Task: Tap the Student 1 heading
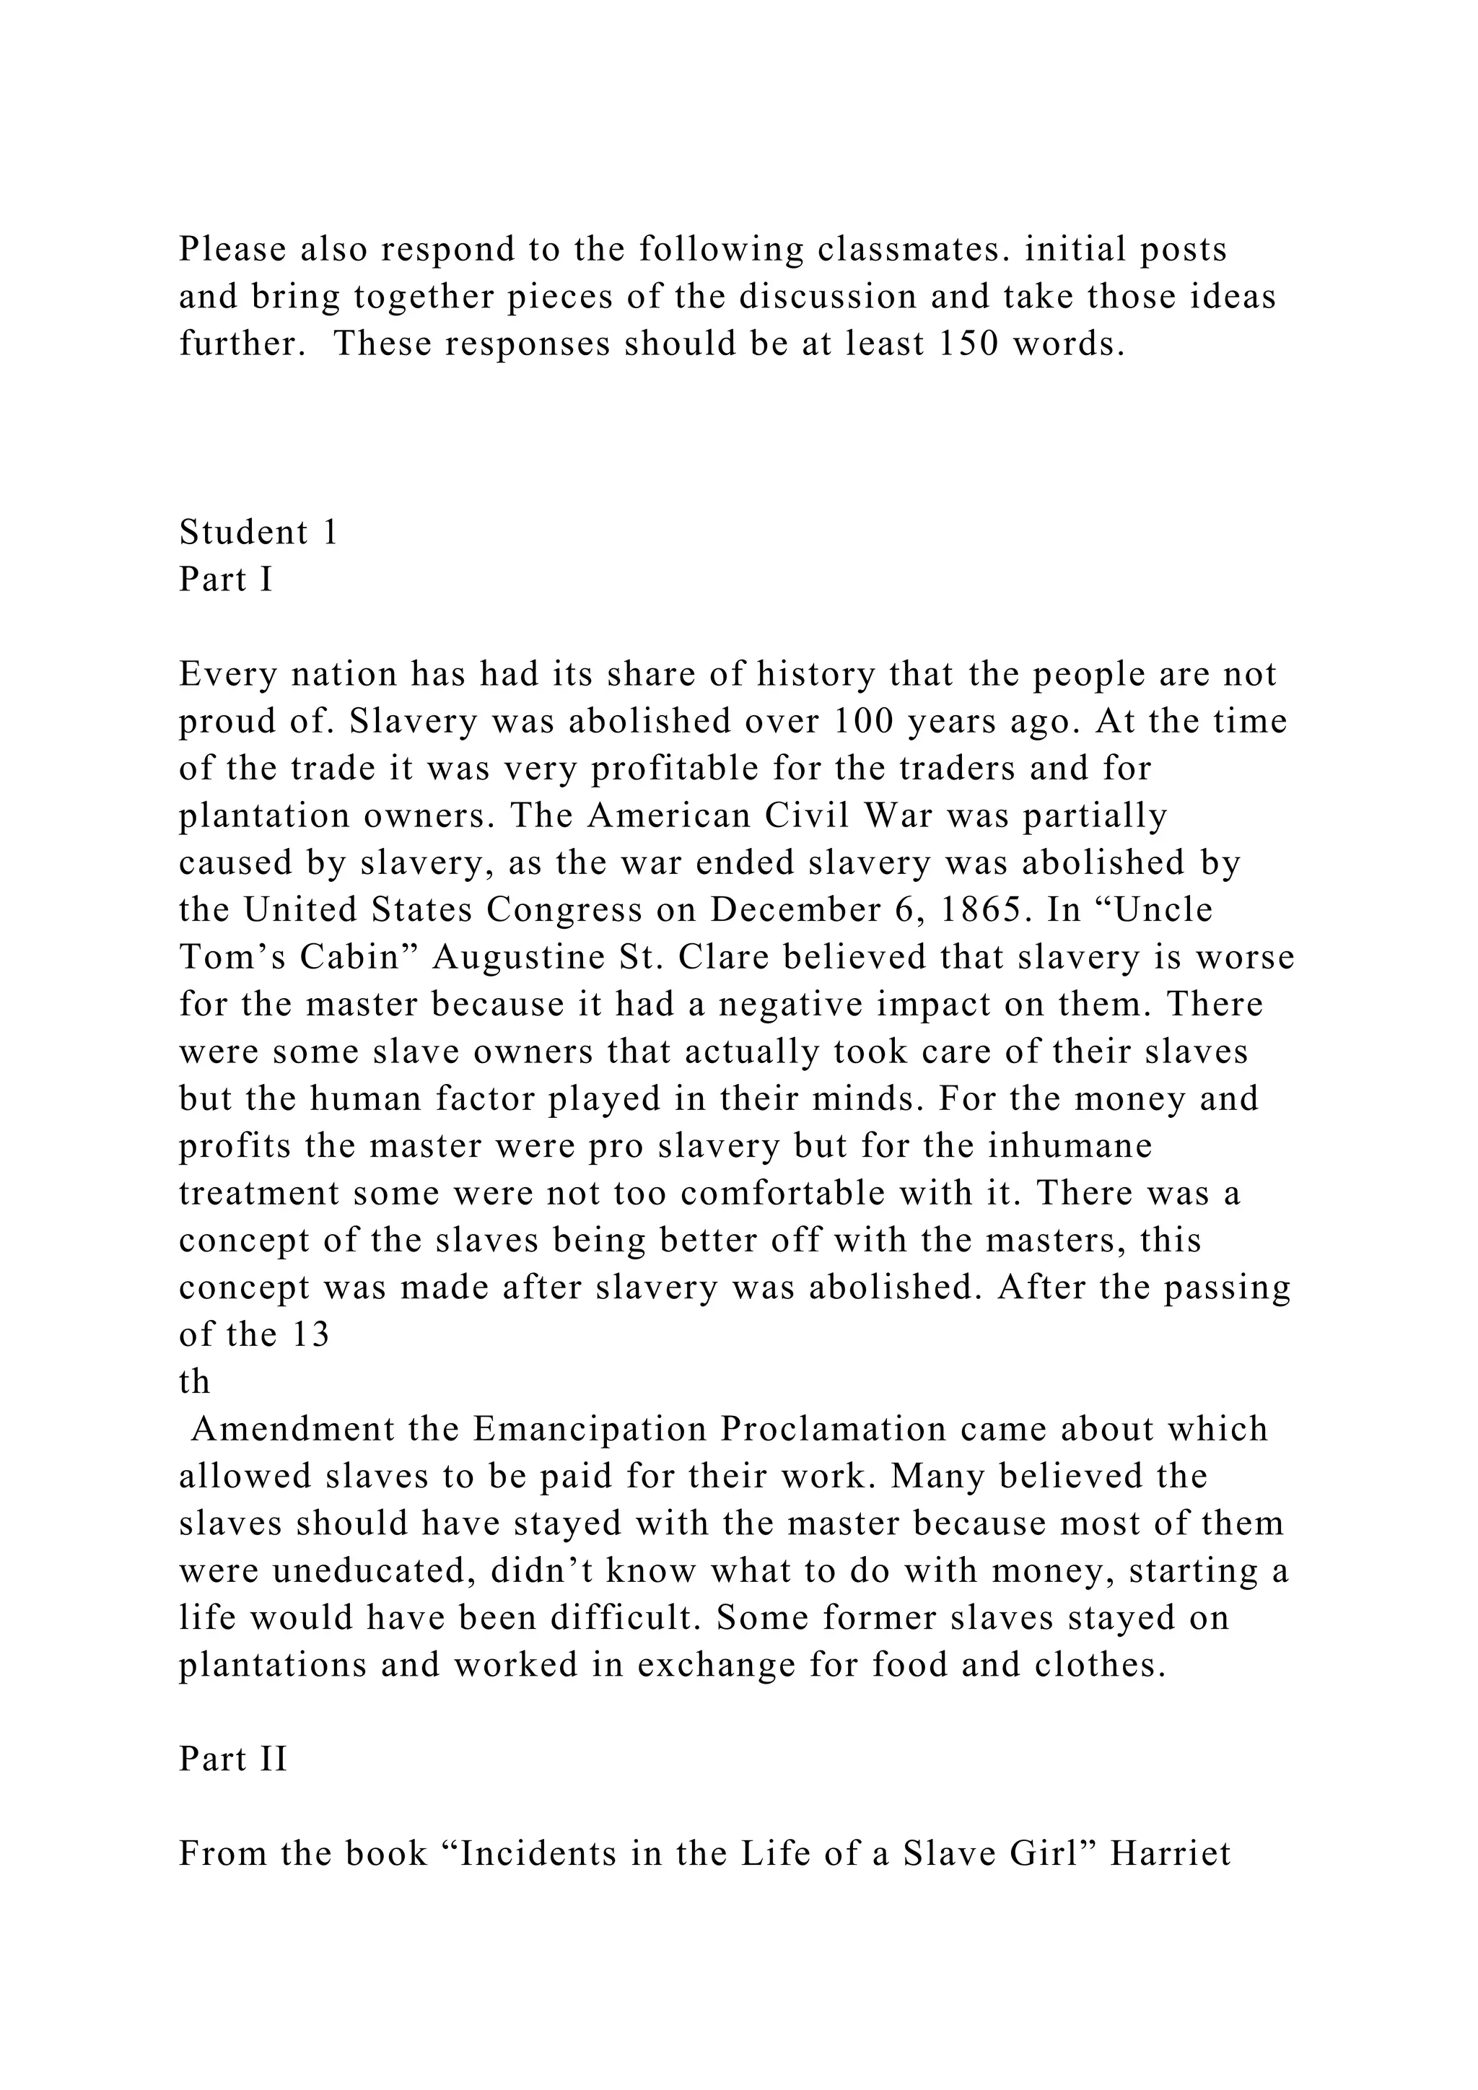coord(258,533)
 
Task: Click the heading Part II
coord(233,1759)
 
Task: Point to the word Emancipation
coord(590,1429)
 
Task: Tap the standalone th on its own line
coord(194,1382)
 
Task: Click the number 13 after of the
coord(310,1334)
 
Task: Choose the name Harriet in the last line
coord(1171,1853)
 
